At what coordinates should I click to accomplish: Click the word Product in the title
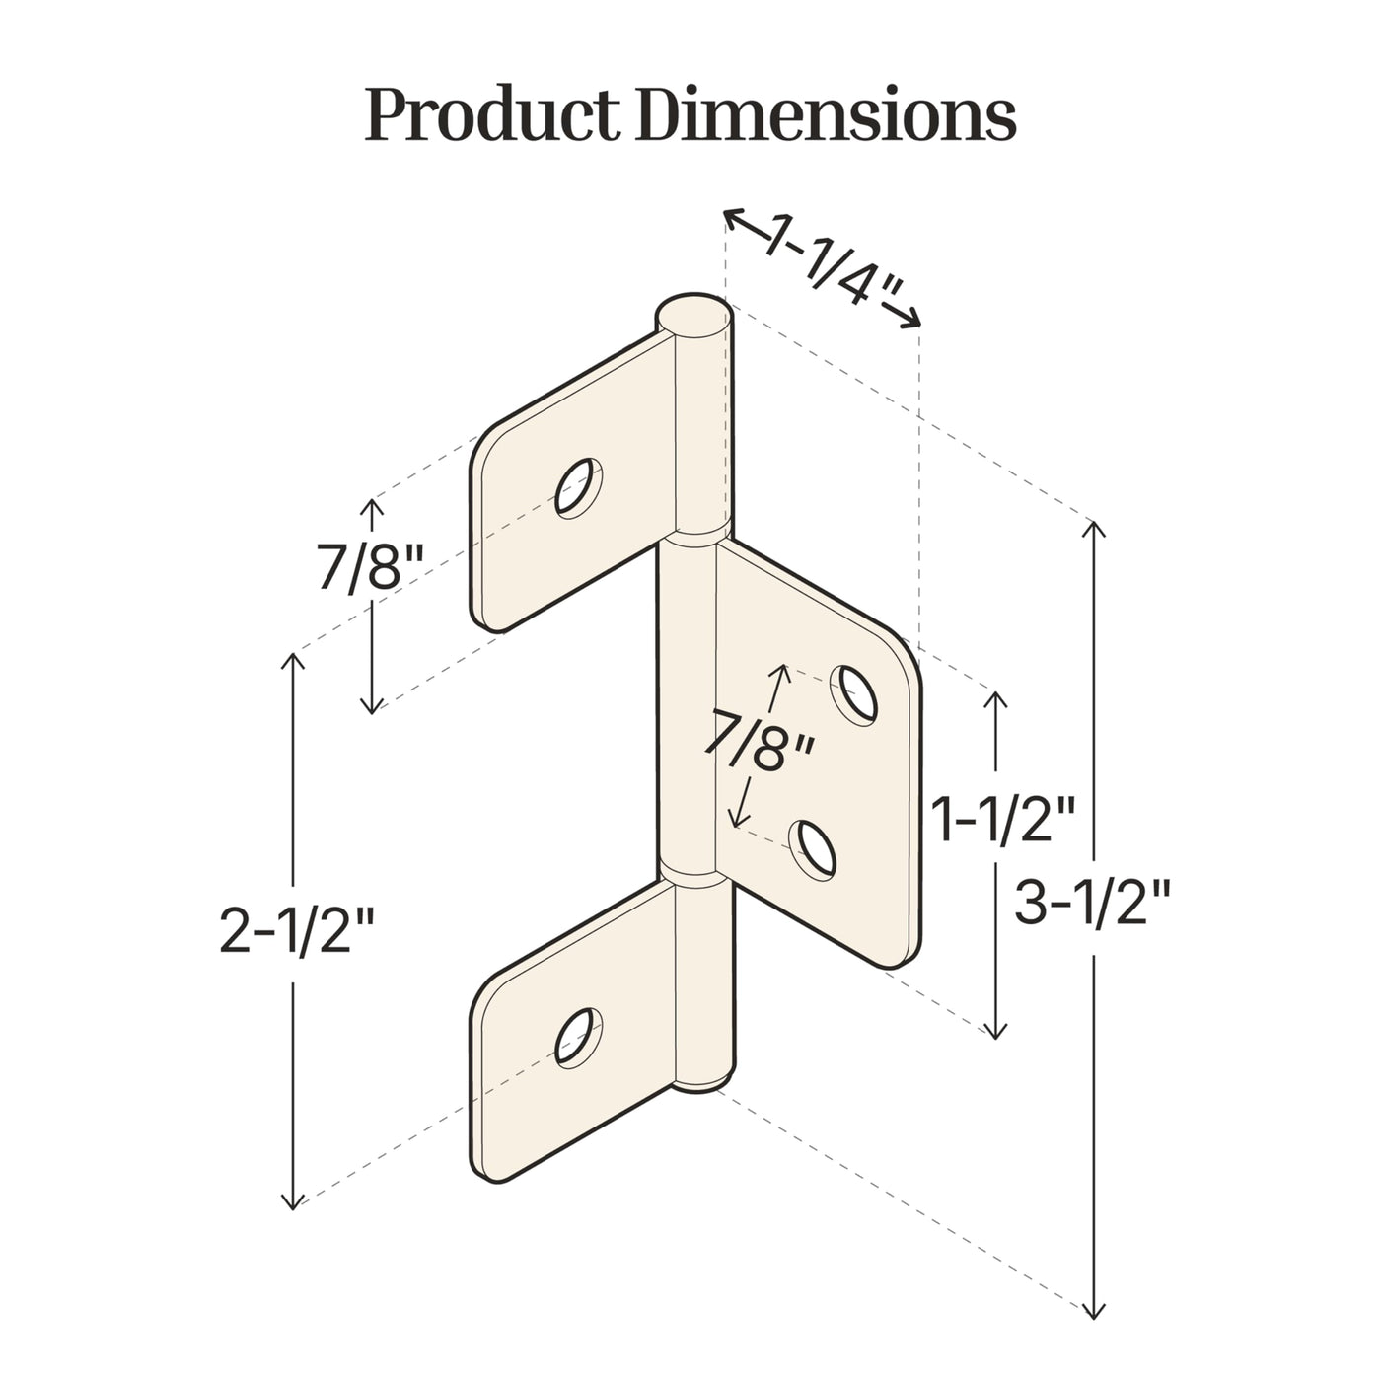[491, 114]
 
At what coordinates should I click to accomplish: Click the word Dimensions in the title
[826, 113]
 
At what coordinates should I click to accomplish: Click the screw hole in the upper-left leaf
[578, 487]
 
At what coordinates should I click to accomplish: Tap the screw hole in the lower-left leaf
[578, 1038]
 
